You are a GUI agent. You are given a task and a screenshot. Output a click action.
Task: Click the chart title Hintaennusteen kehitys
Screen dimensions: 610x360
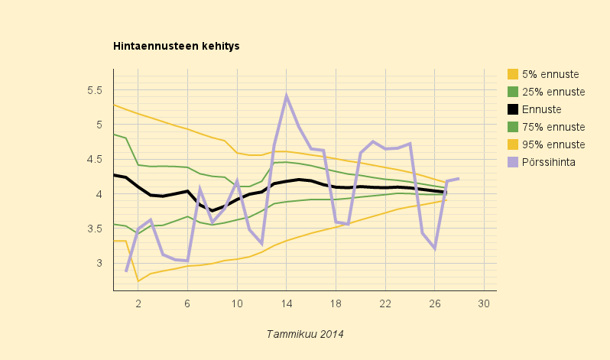(x=177, y=46)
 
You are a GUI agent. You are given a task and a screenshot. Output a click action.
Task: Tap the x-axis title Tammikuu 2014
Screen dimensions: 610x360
(x=305, y=334)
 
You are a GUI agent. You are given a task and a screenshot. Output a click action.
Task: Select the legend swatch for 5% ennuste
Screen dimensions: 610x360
(x=513, y=74)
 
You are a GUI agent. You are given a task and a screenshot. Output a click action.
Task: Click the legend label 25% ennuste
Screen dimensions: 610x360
(x=553, y=92)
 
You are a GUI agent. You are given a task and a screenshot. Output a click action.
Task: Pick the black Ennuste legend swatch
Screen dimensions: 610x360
(x=513, y=109)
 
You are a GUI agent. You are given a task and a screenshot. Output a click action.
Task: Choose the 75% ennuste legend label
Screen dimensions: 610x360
(x=553, y=127)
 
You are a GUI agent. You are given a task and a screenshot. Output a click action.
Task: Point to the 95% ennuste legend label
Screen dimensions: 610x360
(x=553, y=144)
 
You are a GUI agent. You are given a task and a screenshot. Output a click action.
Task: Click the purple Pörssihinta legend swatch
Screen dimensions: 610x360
(x=513, y=162)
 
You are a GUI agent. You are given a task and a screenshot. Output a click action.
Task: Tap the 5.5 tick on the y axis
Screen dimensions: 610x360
(x=95, y=90)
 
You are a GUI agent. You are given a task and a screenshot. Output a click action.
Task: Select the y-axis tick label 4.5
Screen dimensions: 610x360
(x=95, y=159)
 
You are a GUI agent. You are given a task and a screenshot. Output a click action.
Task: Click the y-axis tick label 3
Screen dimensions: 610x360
(x=99, y=263)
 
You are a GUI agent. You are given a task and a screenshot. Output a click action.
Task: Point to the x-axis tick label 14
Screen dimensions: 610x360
(x=287, y=303)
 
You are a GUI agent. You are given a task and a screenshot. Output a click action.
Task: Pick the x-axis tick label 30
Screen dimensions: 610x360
(x=484, y=303)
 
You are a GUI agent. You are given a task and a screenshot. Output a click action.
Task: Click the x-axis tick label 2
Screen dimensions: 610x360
(x=138, y=303)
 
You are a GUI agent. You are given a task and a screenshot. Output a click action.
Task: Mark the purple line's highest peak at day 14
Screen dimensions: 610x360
(x=287, y=96)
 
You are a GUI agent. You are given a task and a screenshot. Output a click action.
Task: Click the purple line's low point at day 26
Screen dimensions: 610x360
(x=434, y=248)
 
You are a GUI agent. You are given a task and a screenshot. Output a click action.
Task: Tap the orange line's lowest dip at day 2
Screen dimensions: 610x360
(x=138, y=281)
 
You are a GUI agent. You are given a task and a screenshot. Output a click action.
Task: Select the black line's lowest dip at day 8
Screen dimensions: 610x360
(x=213, y=211)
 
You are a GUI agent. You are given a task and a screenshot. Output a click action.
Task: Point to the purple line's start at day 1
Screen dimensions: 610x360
(x=126, y=271)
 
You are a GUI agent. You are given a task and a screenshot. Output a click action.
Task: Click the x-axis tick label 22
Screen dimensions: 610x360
(x=385, y=303)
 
